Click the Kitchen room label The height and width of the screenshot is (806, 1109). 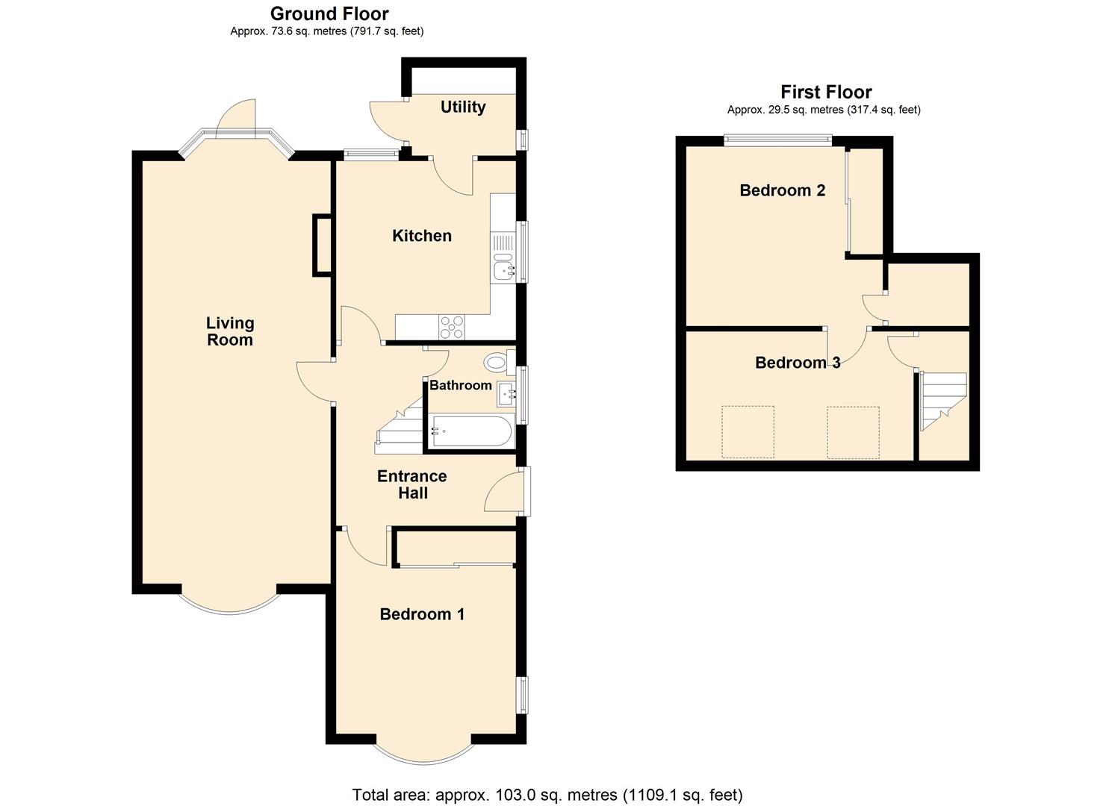pyautogui.click(x=422, y=236)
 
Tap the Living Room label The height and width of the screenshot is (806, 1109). pyautogui.click(x=230, y=331)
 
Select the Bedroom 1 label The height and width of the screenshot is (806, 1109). pyautogui.click(x=422, y=614)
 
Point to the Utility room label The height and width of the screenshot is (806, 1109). pyautogui.click(x=463, y=107)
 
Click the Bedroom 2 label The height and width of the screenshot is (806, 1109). pyautogui.click(x=782, y=190)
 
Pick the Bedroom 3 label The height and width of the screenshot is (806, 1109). pyautogui.click(x=798, y=363)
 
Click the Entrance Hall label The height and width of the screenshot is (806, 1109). pyautogui.click(x=412, y=484)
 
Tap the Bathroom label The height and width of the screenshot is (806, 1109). pyautogui.click(x=460, y=385)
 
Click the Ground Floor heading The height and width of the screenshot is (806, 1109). pyautogui.click(x=329, y=13)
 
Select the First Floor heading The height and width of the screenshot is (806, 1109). pyautogui.click(x=826, y=92)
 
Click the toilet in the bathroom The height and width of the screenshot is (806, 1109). pyautogui.click(x=496, y=363)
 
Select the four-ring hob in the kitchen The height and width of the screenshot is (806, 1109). pyautogui.click(x=452, y=327)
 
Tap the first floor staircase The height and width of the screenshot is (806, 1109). pyautogui.click(x=943, y=399)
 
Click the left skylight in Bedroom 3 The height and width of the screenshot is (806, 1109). pyautogui.click(x=748, y=432)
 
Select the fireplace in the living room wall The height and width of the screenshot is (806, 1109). pyautogui.click(x=322, y=245)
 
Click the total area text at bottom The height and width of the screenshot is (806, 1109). pyautogui.click(x=547, y=794)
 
